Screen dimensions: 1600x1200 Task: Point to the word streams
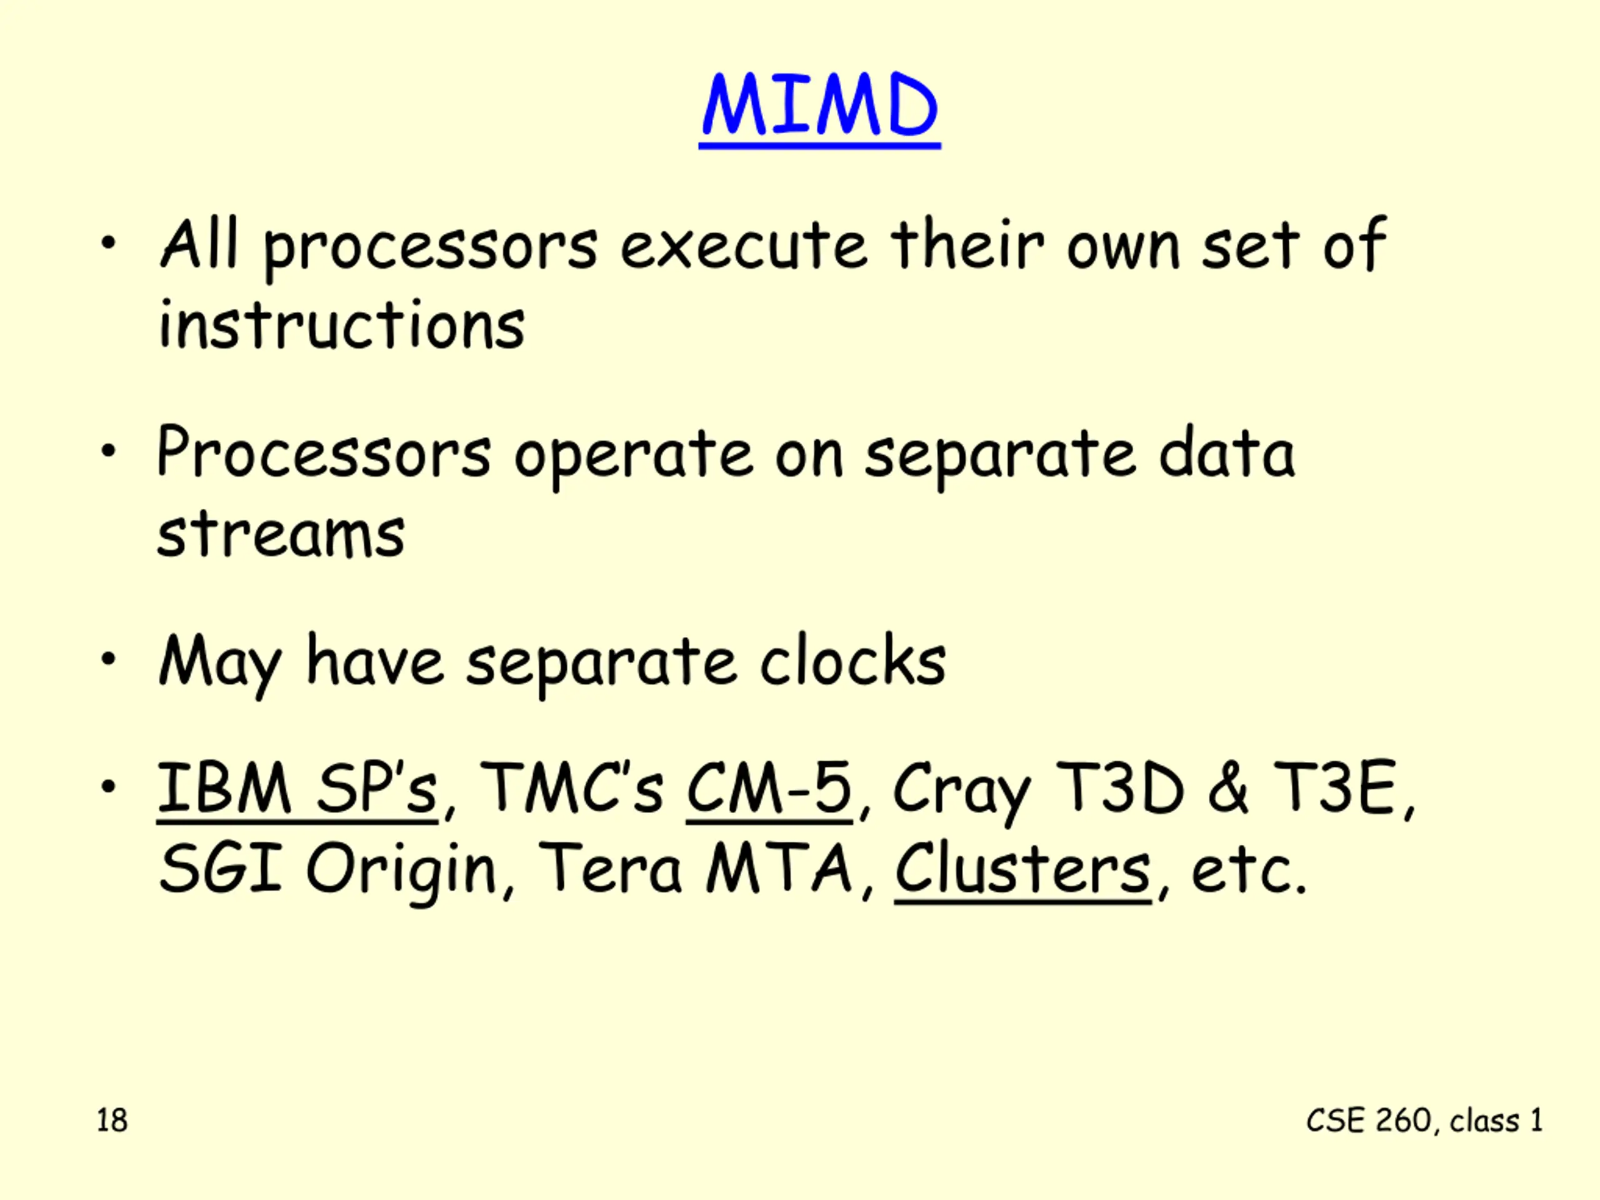coord(281,533)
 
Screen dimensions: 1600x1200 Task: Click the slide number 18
coord(112,1121)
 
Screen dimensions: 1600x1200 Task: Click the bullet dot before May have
coord(109,659)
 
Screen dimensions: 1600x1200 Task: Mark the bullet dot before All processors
coord(109,244)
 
